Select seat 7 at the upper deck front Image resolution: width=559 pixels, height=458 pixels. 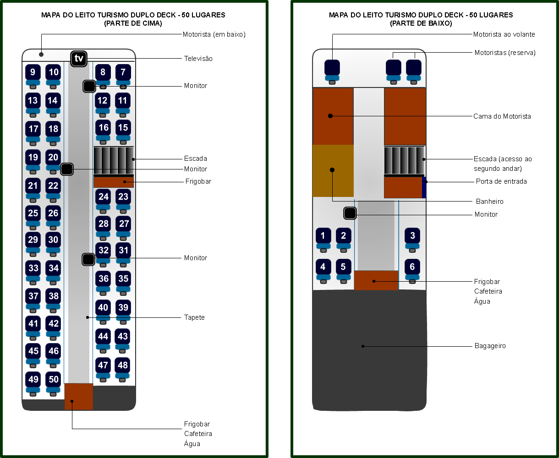123,72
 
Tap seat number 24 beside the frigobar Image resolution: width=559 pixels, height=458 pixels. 104,197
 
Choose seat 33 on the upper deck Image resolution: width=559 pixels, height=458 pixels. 33,268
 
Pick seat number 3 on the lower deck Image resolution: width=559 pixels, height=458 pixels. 412,236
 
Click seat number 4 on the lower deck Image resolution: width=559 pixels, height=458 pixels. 323,267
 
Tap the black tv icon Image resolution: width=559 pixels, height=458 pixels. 79,59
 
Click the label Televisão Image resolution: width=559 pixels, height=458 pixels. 198,59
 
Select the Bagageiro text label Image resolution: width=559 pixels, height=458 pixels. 490,346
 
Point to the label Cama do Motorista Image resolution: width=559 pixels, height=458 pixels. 502,116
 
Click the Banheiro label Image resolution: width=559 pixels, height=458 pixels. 489,202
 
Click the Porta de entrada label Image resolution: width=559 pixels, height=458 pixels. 501,181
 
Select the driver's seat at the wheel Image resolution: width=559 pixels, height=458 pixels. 332,68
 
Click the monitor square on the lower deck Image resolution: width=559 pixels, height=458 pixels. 350,213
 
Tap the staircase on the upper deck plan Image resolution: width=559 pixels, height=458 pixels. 114,160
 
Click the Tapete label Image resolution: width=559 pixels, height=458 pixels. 194,317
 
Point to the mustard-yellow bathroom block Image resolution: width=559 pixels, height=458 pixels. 333,170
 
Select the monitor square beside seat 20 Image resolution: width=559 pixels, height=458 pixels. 67,169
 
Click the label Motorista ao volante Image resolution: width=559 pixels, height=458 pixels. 504,34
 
